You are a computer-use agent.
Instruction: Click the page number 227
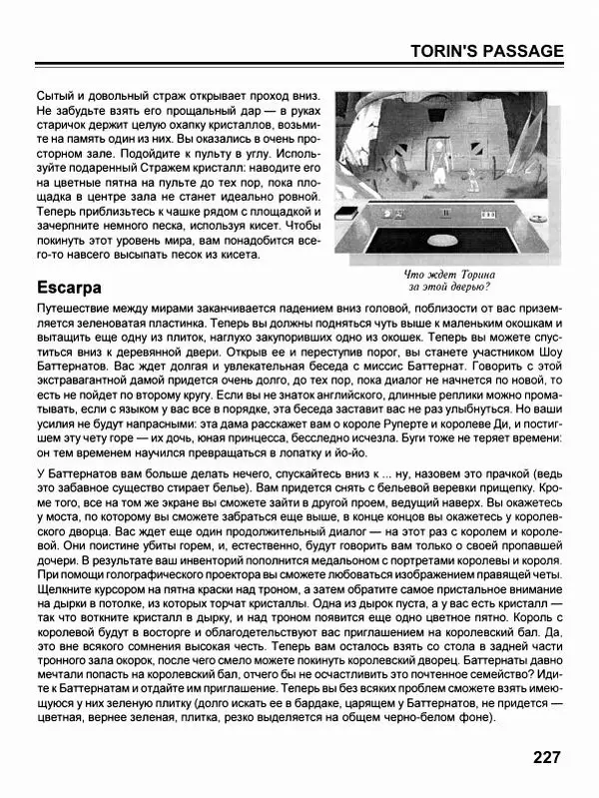pyautogui.click(x=546, y=757)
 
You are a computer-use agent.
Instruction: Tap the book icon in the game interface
pyautogui.click(x=346, y=212)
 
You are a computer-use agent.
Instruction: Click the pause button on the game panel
pyautogui.click(x=445, y=213)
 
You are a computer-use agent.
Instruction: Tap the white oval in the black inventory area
pyautogui.click(x=442, y=241)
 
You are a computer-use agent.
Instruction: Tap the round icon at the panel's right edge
pyautogui.click(x=539, y=219)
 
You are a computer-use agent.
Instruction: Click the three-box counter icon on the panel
pyautogui.click(x=488, y=215)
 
